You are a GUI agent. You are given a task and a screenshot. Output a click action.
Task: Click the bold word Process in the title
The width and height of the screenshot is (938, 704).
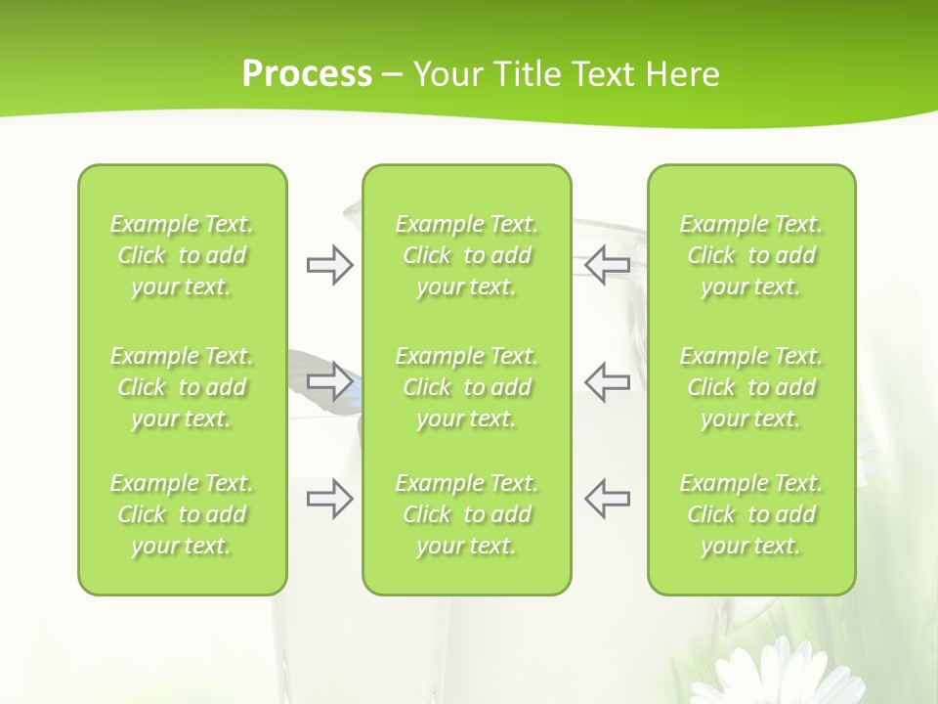point(307,74)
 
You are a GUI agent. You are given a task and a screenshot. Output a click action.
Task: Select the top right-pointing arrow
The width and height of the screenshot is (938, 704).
point(330,265)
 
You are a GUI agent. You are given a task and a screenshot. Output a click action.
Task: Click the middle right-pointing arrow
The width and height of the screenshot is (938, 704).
point(330,381)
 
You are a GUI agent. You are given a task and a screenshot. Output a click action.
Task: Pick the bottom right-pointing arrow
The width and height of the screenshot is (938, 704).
point(330,499)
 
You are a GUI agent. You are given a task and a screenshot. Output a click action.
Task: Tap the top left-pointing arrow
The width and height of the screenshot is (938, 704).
point(607,265)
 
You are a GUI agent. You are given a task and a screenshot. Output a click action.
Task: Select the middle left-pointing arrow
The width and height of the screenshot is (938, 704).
point(607,381)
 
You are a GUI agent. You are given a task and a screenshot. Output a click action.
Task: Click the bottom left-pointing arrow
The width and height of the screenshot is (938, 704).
point(607,499)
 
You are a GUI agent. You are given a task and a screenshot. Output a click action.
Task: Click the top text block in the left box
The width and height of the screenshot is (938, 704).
point(182,255)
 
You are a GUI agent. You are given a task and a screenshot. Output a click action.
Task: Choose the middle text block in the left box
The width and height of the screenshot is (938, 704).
point(182,387)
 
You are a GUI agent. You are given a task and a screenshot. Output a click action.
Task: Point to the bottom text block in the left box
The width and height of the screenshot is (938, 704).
point(182,514)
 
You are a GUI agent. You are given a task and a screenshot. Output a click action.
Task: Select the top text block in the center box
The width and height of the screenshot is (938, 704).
point(466,255)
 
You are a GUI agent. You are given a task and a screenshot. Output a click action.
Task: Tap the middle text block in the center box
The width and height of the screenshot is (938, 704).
point(466,387)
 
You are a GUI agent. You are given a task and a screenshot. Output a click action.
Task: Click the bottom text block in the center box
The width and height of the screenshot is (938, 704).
point(466,514)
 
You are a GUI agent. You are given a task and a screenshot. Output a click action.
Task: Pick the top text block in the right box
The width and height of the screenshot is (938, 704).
point(751,255)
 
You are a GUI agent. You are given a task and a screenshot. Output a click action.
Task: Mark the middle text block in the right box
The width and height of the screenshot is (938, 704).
point(751,387)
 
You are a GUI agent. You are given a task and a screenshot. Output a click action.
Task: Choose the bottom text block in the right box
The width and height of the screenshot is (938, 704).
point(751,514)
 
